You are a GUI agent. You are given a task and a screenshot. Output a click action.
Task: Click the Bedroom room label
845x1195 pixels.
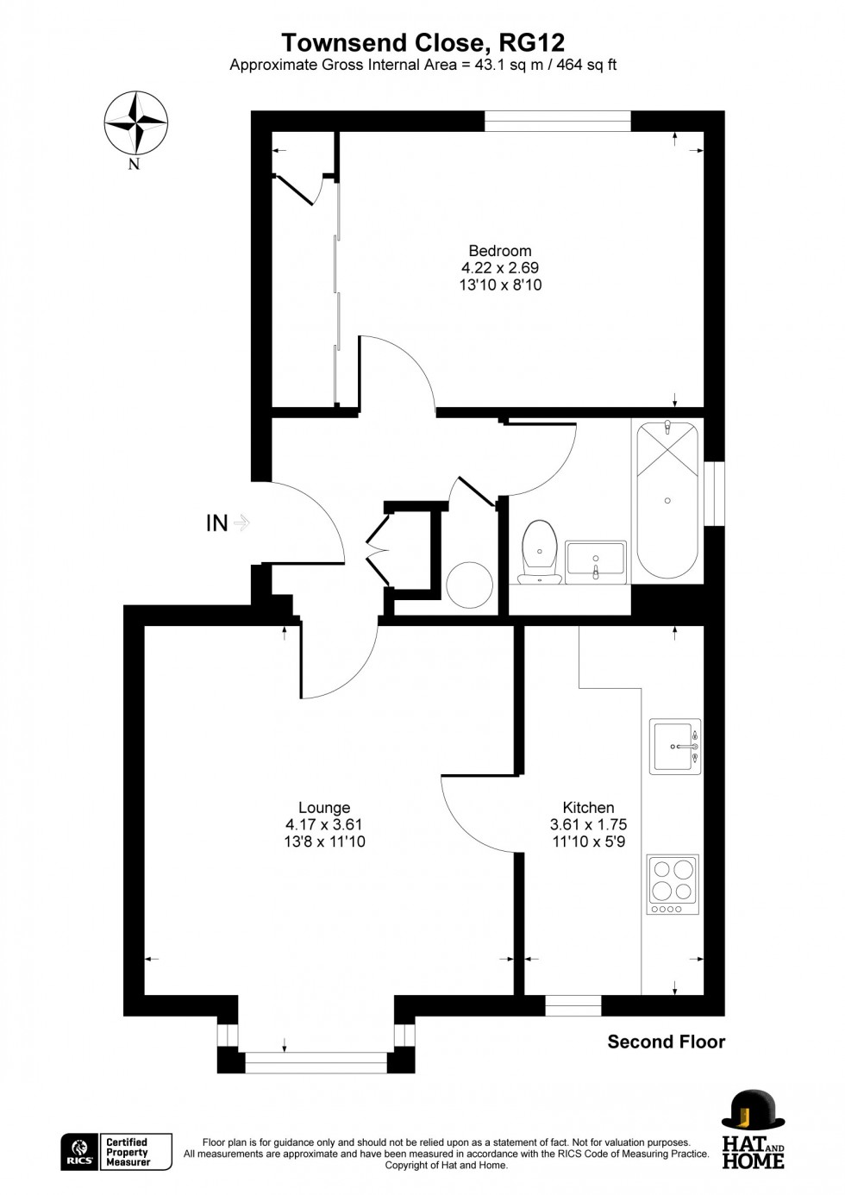coord(500,251)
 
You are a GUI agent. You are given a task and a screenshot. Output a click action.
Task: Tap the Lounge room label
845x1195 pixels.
coord(324,808)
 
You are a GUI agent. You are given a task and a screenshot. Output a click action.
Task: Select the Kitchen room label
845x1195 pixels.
coord(588,808)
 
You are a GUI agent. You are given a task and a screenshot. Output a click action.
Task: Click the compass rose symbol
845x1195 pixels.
coord(135,122)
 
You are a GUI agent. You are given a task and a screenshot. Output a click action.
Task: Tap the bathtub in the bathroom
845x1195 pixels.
coord(667,500)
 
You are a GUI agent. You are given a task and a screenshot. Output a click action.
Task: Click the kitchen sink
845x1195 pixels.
coord(674,746)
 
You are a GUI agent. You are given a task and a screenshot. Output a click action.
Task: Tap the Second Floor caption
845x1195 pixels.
coord(666,1042)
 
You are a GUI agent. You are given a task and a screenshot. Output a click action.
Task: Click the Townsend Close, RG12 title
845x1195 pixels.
coord(422,42)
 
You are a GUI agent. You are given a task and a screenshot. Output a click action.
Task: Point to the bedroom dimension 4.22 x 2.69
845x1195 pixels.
coord(500,268)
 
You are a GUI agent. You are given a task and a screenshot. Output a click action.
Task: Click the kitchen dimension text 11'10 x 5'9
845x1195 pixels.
coord(588,842)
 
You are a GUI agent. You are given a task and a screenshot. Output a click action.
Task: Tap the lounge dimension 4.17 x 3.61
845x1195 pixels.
coord(324,825)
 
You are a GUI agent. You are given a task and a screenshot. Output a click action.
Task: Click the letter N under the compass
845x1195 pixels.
coord(134,165)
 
